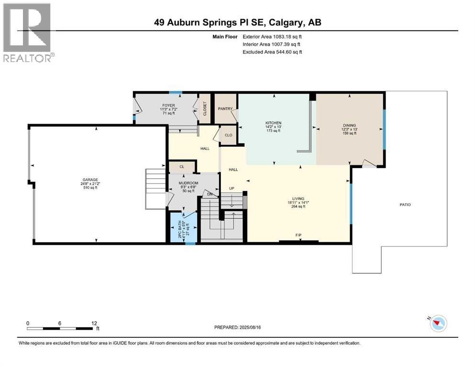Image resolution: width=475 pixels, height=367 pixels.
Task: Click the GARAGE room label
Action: click(90, 180)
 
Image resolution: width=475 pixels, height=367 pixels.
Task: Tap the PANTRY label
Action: click(225, 108)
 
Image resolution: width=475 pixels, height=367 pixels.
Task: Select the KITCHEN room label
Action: click(274, 123)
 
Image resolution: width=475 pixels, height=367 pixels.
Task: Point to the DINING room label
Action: click(349, 125)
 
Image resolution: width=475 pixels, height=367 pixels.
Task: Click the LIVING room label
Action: click(298, 198)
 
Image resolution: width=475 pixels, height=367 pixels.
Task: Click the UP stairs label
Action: click(232, 188)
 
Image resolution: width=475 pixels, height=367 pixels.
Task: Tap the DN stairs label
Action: click(209, 194)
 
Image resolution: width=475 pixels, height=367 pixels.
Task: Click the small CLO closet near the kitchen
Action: click(229, 135)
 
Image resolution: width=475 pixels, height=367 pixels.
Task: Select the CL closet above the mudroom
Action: click(182, 167)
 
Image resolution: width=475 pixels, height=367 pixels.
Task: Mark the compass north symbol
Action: click(438, 324)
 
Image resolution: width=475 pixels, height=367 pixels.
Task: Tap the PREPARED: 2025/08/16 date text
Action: click(239, 327)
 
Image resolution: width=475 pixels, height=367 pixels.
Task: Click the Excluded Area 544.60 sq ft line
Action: click(272, 52)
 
